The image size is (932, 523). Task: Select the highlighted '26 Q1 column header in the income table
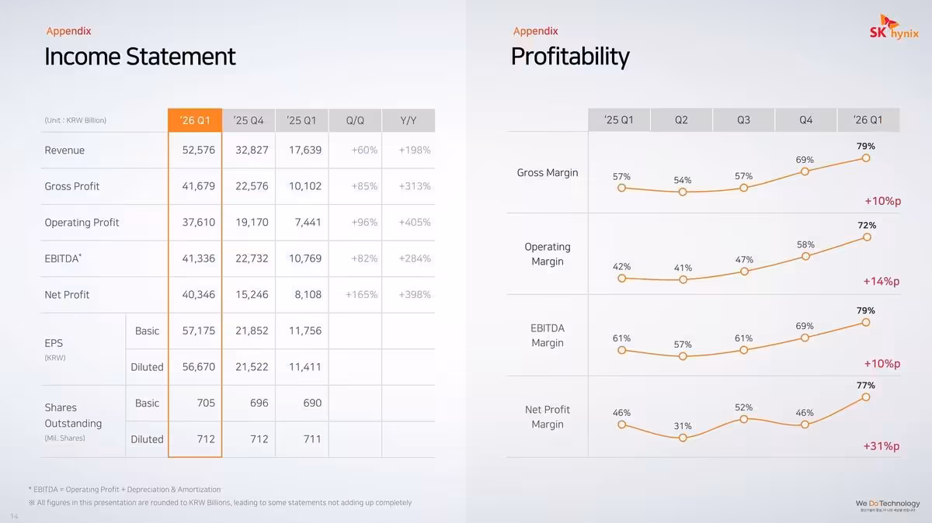(x=195, y=120)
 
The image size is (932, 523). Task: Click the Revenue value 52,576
(x=198, y=150)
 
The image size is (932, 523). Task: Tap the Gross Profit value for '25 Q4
(x=252, y=186)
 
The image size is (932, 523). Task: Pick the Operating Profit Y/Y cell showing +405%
(x=414, y=222)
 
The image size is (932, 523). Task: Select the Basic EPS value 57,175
(x=198, y=331)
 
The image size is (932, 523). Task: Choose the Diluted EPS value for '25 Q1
(x=304, y=367)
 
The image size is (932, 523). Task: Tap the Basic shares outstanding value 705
(x=205, y=403)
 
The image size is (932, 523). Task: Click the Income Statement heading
(x=140, y=57)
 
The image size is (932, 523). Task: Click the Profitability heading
(x=570, y=57)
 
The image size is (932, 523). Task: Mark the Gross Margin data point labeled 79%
(x=866, y=158)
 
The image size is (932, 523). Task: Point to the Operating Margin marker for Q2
(x=683, y=279)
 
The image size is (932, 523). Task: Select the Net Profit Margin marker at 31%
(x=683, y=438)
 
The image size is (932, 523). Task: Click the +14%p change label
(x=882, y=281)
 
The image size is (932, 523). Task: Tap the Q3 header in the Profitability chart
(x=743, y=120)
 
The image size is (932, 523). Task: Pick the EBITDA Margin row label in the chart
(x=548, y=335)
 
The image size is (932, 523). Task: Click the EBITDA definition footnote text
(x=124, y=490)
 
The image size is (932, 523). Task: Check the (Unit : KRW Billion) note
(x=75, y=120)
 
